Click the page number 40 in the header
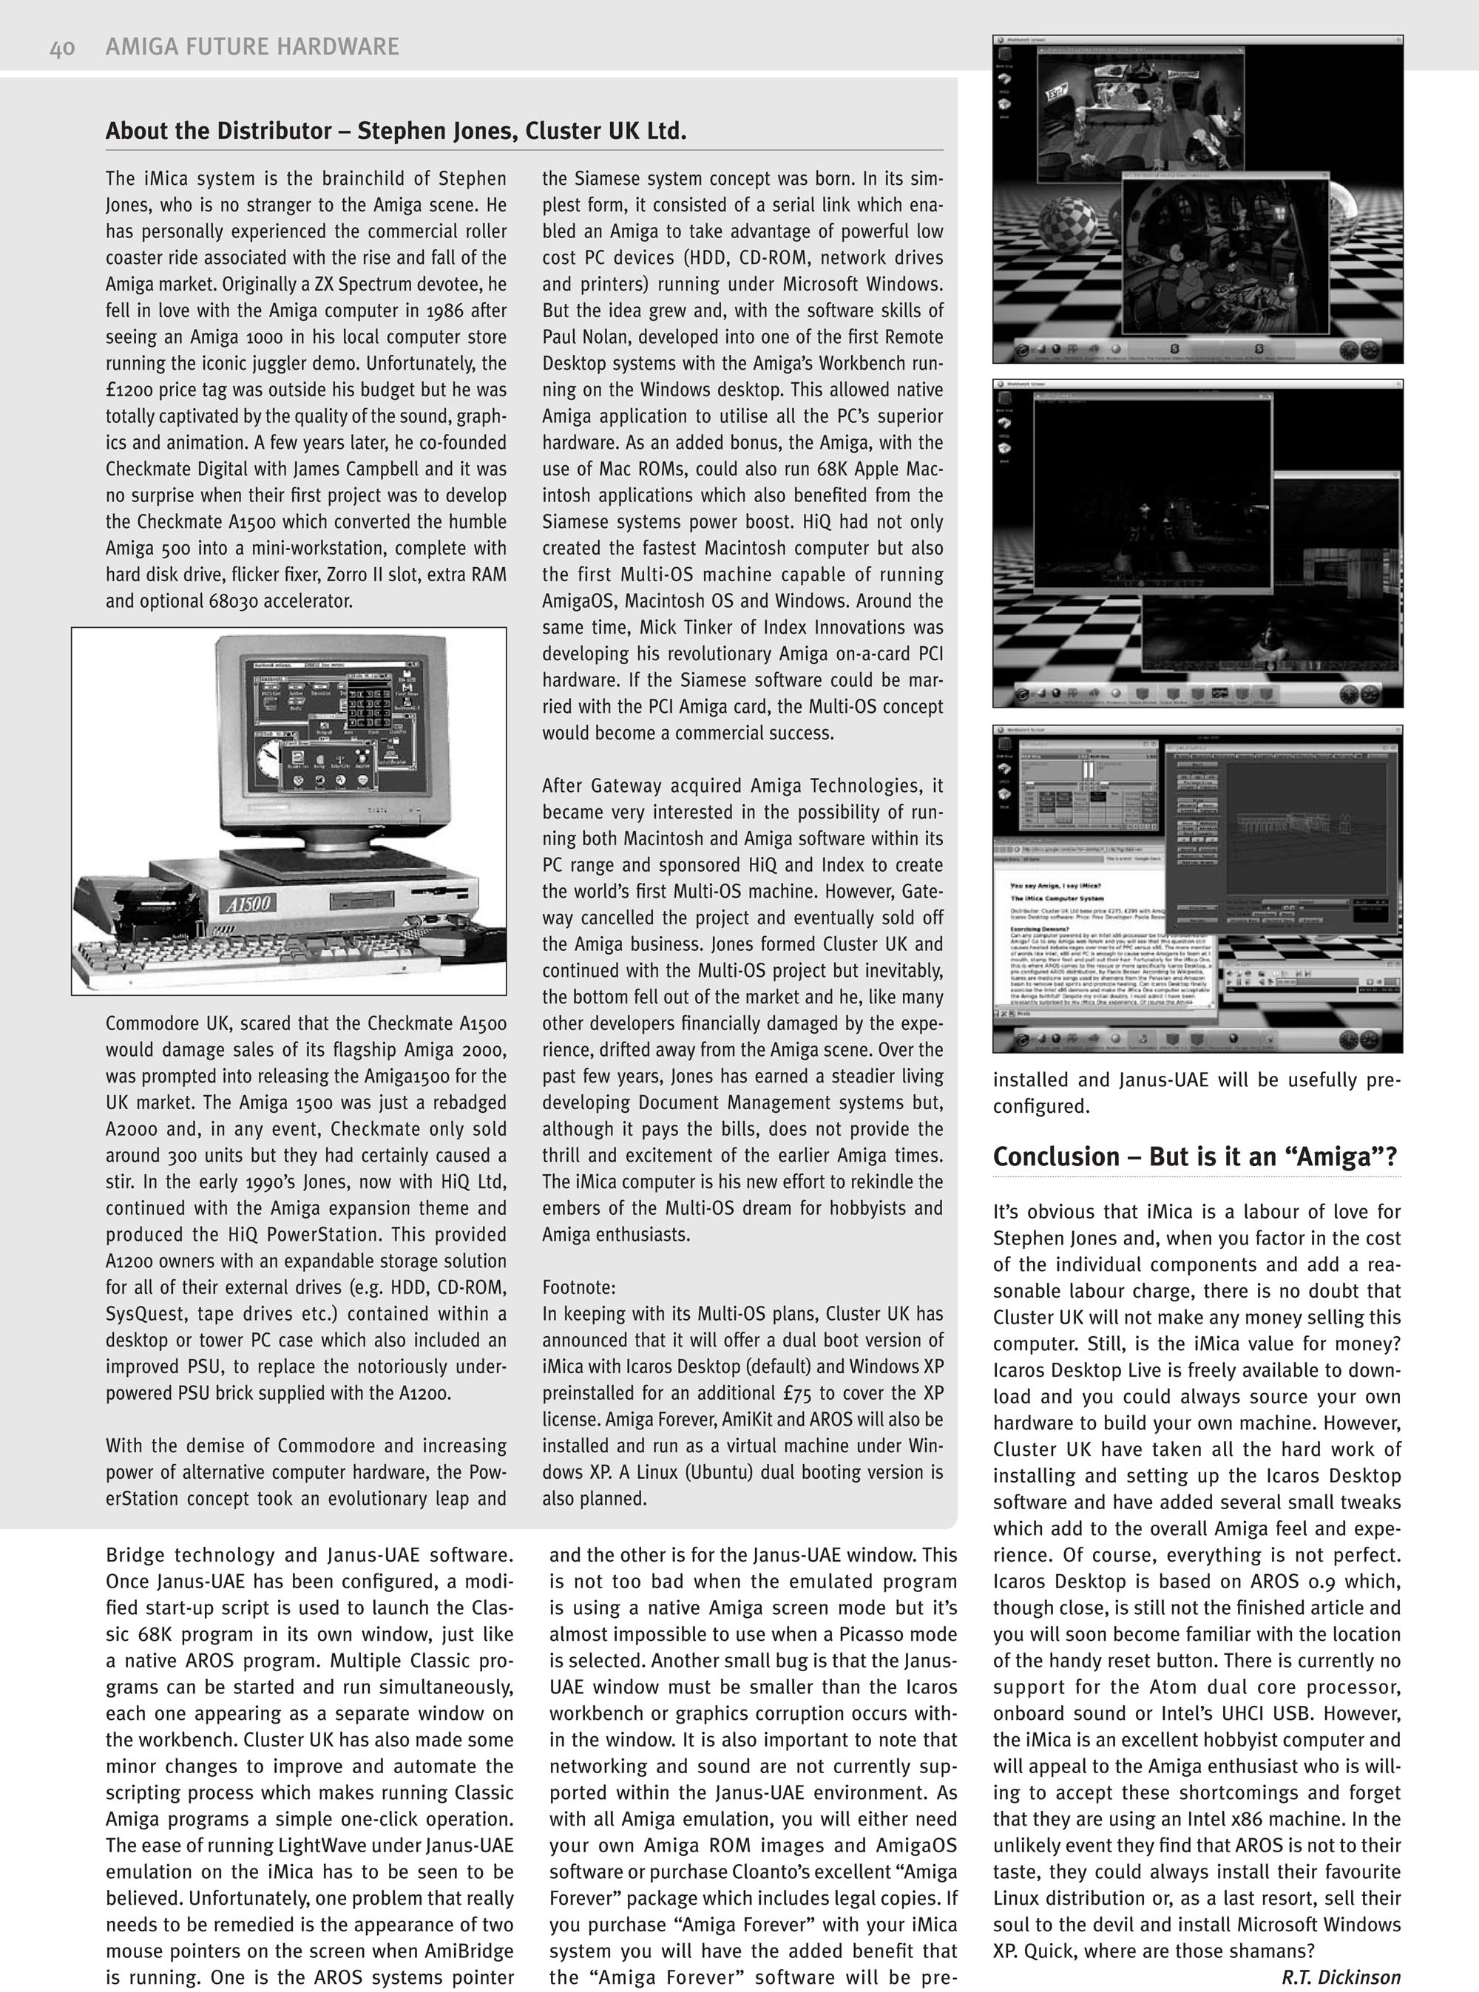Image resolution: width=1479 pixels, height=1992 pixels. [x=62, y=47]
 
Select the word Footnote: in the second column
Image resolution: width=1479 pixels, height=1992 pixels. [x=578, y=1287]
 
